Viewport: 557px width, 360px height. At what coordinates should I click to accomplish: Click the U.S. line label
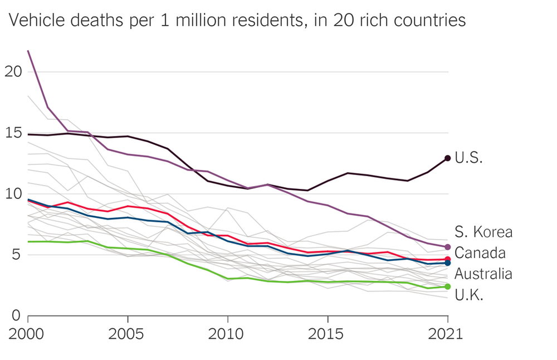point(468,158)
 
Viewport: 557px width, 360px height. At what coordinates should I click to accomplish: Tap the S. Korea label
point(483,232)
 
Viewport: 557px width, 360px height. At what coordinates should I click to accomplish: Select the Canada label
point(480,252)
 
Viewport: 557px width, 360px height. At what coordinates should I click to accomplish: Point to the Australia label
point(483,274)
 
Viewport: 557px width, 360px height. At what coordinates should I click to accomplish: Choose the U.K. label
point(468,295)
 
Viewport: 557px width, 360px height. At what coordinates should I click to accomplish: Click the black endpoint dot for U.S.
point(447,159)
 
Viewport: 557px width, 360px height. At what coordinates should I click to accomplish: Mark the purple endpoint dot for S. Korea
point(447,247)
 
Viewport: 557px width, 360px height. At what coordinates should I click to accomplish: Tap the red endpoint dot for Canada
point(447,259)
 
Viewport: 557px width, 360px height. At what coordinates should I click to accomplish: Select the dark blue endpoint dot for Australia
point(447,263)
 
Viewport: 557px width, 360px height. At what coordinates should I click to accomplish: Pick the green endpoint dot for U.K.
point(447,286)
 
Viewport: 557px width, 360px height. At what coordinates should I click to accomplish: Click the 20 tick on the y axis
point(14,72)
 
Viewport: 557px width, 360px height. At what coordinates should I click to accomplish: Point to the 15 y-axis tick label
point(14,133)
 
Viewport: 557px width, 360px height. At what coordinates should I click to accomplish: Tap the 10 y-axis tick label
point(14,194)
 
